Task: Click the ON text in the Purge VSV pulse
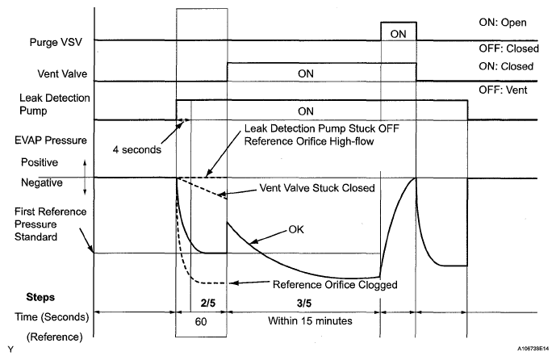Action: [398, 34]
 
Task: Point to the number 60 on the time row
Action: [201, 320]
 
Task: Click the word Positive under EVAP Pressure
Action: [40, 162]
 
